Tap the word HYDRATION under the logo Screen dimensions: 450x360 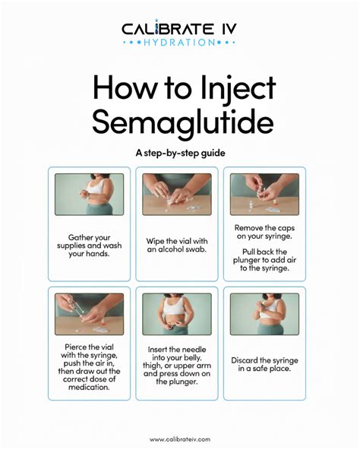pos(179,43)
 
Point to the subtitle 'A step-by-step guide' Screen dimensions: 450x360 pos(179,153)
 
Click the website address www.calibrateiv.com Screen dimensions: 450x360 pos(179,439)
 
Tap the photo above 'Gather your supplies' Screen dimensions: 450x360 pos(89,195)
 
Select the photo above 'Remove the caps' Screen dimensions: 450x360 pos(264,195)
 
